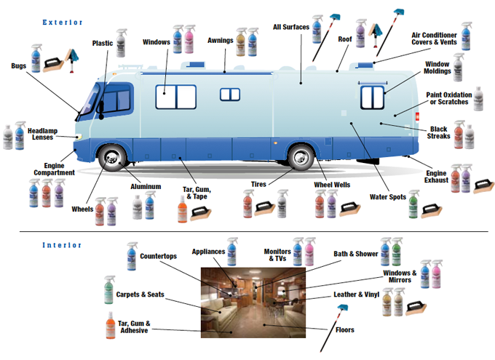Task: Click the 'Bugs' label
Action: point(19,65)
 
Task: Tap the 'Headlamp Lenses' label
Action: point(42,134)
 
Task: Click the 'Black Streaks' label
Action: point(438,133)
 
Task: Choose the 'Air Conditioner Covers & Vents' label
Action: point(435,39)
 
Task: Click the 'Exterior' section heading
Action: point(63,23)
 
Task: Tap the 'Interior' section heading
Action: point(63,244)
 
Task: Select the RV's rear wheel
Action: point(301,159)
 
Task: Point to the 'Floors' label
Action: point(345,330)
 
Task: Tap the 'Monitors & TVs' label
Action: point(277,255)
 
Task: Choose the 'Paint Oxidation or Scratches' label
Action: point(448,98)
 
